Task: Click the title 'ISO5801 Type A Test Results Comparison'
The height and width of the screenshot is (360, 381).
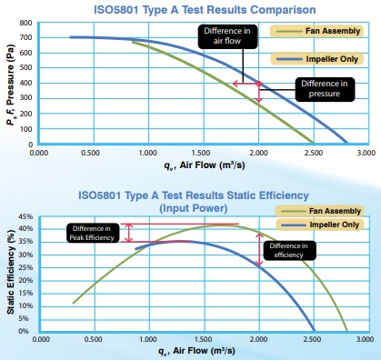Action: click(192, 9)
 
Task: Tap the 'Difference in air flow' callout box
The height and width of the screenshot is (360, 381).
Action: click(223, 35)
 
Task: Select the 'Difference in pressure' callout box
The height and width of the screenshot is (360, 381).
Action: click(320, 89)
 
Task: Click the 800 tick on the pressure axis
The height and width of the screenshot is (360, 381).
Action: click(27, 23)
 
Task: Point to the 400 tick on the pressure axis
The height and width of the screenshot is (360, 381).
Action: click(27, 84)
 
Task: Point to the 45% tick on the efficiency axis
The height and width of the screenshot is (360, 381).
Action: click(25, 216)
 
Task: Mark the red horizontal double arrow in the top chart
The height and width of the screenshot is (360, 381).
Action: click(246, 84)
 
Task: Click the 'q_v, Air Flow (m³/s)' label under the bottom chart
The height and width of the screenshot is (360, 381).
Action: click(194, 352)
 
